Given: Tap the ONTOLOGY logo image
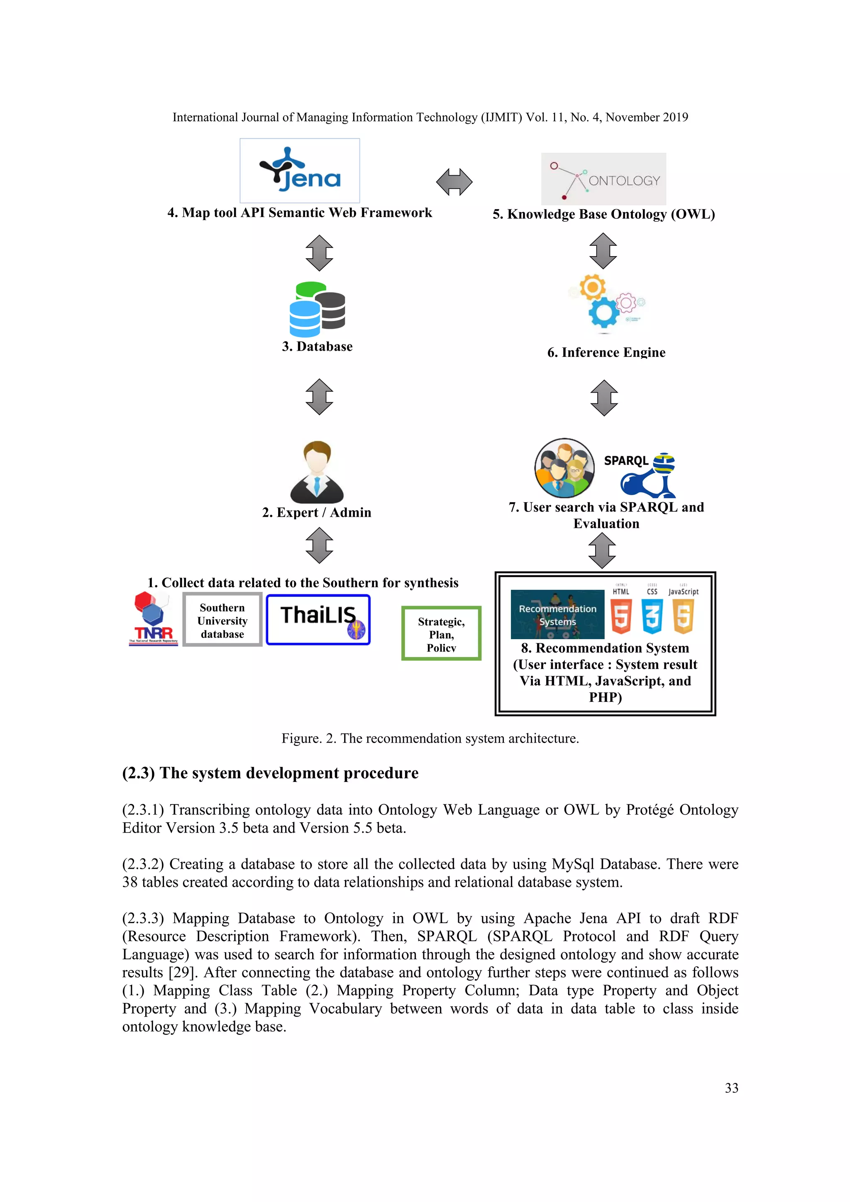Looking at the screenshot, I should click(603, 179).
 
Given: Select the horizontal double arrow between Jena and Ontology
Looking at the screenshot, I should click(454, 182).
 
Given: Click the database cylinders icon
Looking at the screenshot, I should click(317, 309).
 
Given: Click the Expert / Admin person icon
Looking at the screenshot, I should click(317, 472).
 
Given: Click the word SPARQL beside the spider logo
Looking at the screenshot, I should click(626, 461).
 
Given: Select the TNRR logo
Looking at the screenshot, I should click(153, 619).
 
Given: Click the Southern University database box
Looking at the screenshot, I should click(222, 621).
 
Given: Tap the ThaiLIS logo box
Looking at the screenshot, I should click(318, 620).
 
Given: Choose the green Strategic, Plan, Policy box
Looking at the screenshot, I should click(441, 633).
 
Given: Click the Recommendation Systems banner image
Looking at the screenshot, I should click(557, 615).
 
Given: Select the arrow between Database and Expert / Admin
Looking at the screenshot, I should click(319, 397).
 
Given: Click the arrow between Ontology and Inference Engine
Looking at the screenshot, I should click(603, 251).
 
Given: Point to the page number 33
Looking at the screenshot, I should click(731, 1088).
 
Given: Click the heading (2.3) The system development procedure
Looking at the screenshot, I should click(270, 773).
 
